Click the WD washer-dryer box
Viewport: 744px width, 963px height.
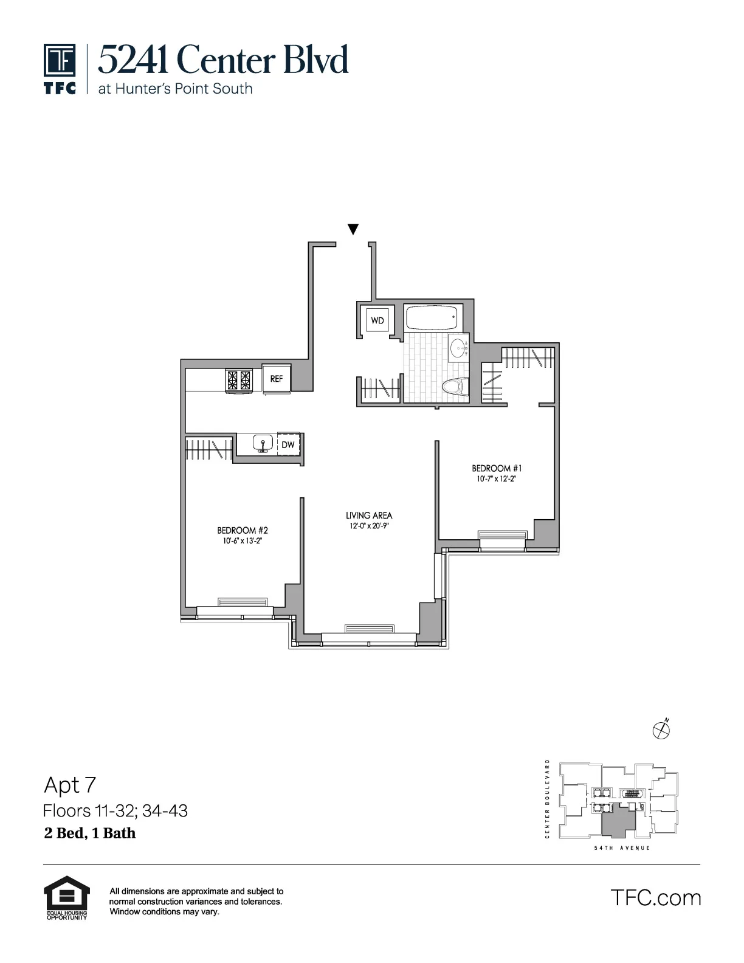coord(377,320)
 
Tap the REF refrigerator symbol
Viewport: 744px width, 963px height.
coord(277,378)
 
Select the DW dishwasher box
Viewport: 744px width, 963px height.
coord(288,444)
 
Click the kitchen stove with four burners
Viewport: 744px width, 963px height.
coord(238,380)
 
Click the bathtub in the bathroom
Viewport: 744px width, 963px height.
coord(430,317)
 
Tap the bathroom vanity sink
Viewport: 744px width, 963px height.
coord(459,348)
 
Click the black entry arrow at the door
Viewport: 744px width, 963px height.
coord(353,229)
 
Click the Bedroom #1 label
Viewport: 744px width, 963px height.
coord(497,468)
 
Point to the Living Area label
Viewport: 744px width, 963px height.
coord(369,516)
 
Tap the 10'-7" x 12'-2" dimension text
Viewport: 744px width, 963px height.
coord(497,479)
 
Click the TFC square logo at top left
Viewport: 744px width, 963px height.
coord(60,61)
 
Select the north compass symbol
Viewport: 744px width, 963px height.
coord(661,730)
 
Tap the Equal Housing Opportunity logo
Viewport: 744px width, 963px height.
coord(67,897)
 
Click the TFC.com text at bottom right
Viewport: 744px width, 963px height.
coord(655,897)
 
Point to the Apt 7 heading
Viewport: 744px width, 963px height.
coord(70,785)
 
